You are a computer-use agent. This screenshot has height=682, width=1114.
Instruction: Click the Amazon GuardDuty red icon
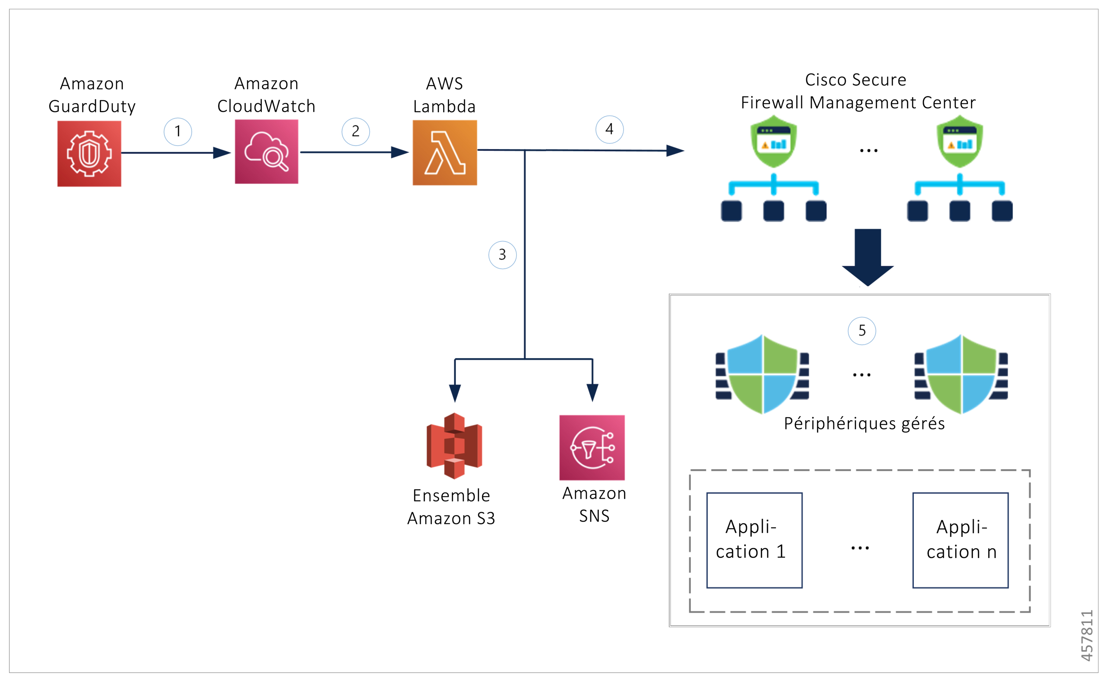pyautogui.click(x=89, y=154)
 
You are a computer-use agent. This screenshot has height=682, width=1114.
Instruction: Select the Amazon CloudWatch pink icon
pyautogui.click(x=266, y=152)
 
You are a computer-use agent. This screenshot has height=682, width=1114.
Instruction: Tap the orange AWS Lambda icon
pyautogui.click(x=444, y=153)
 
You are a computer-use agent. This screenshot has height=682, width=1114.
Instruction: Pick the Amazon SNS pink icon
pyautogui.click(x=592, y=448)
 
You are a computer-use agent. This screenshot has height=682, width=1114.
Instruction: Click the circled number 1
pyautogui.click(x=178, y=132)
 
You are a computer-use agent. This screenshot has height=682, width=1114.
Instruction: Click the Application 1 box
pyautogui.click(x=754, y=540)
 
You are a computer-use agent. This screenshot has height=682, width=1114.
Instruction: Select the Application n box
pyautogui.click(x=960, y=540)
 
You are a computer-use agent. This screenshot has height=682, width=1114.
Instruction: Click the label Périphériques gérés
pyautogui.click(x=864, y=424)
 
